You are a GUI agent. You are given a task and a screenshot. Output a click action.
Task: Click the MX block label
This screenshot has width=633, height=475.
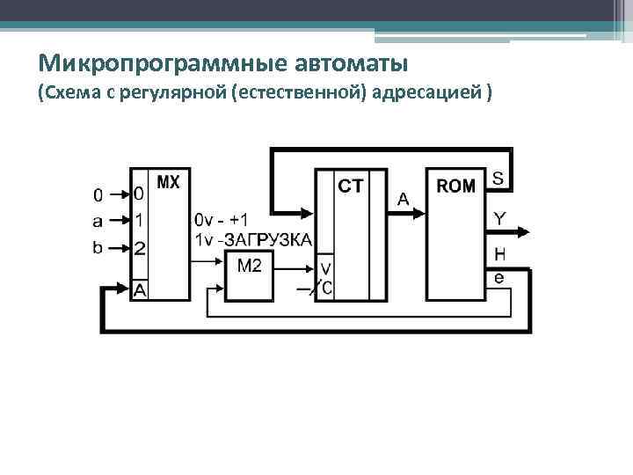click(168, 183)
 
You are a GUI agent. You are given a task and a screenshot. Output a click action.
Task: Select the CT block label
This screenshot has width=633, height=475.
click(351, 186)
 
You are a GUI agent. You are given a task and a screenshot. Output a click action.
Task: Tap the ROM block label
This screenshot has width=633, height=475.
click(456, 186)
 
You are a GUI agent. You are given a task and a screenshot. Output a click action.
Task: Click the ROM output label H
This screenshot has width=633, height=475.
click(498, 255)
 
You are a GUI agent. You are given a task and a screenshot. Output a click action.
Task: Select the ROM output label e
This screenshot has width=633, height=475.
click(498, 277)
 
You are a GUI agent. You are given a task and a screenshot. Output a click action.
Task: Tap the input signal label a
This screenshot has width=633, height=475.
click(98, 220)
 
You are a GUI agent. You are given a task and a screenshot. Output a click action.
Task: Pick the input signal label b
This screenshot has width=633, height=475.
click(98, 247)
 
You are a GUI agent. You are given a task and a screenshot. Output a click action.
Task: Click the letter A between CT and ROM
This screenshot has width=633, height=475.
click(404, 200)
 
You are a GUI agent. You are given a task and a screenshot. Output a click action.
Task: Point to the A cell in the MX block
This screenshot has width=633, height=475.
click(140, 289)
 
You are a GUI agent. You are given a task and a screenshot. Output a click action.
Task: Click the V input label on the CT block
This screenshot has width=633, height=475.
click(325, 267)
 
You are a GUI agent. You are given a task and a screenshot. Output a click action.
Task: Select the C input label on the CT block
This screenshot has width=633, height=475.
click(326, 287)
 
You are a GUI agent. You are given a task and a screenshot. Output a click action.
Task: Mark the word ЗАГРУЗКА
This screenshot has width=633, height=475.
click(269, 240)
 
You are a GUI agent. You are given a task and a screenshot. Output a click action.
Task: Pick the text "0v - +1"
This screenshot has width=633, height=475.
click(221, 219)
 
